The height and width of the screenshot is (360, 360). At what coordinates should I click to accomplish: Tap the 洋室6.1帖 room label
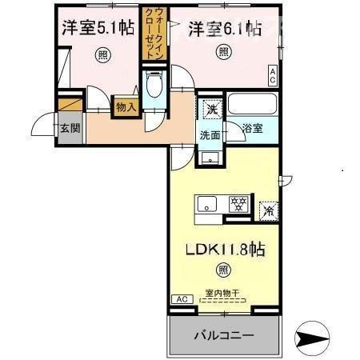pos(225,29)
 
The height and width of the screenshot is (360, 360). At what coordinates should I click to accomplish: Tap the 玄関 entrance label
pos(70,128)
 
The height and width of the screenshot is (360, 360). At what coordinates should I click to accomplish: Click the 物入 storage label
pos(126,106)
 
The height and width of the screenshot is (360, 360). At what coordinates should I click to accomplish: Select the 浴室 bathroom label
pos(253,128)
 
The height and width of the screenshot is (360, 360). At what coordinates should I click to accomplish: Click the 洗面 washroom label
pos(210,135)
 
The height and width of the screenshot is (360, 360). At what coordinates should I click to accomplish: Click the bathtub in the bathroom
pos(252,105)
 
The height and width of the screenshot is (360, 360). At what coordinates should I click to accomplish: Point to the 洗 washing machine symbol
pos(210,109)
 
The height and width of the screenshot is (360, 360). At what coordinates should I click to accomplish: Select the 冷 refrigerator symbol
pos(269,212)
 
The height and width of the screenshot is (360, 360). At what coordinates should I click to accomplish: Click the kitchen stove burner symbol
pos(238,205)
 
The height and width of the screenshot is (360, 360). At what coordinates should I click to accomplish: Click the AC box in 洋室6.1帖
pos(273,75)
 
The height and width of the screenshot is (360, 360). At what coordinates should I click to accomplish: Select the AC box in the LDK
pos(180,298)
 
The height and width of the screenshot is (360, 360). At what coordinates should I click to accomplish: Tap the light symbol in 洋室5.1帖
pos(102,54)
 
